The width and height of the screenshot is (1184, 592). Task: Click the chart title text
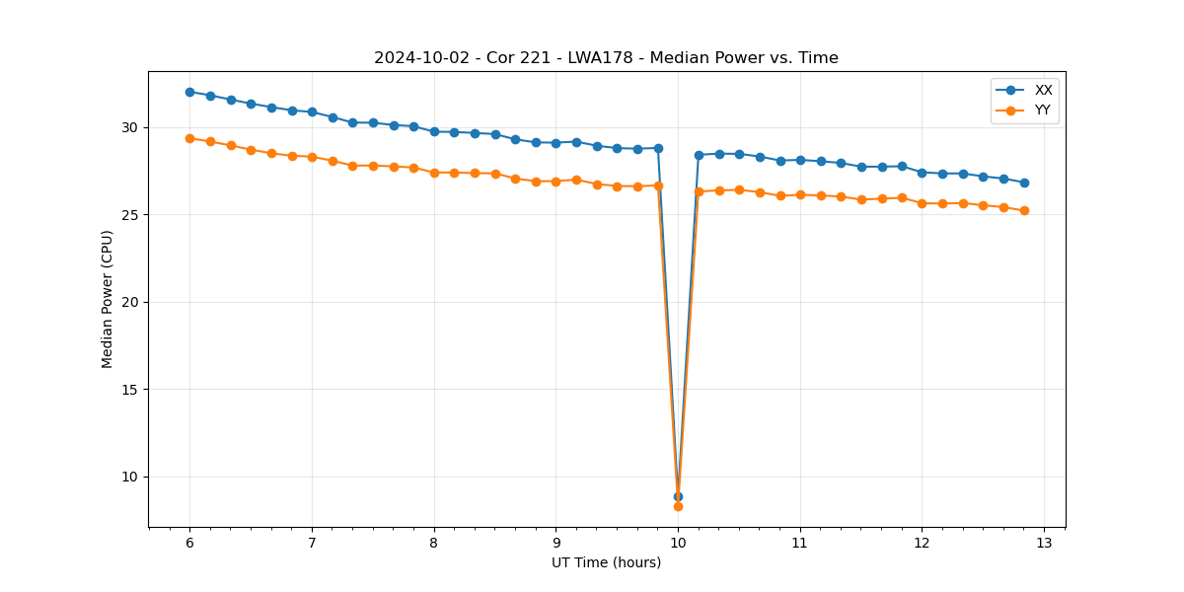click(x=606, y=58)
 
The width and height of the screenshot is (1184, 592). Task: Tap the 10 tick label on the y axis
click(x=131, y=477)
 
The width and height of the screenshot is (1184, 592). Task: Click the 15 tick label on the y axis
click(x=131, y=390)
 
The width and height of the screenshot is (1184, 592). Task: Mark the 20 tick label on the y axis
click(x=131, y=302)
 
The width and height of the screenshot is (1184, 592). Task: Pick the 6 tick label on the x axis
click(x=189, y=543)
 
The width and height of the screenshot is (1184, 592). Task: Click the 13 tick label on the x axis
click(x=1044, y=543)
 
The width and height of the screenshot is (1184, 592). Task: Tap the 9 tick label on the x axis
click(x=555, y=543)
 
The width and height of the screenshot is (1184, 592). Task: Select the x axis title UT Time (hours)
click(x=606, y=562)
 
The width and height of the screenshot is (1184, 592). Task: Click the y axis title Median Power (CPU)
click(x=108, y=299)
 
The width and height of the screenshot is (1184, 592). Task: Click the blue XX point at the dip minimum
click(x=678, y=496)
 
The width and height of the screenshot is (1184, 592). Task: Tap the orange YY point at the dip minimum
click(x=678, y=506)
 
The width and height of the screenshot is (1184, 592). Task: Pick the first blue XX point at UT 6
click(x=189, y=92)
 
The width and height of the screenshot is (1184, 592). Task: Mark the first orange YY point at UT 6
click(x=189, y=138)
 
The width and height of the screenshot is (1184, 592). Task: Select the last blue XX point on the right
click(x=1024, y=183)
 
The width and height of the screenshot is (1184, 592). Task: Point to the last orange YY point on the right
click(x=1024, y=210)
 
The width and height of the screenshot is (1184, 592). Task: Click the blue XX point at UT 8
click(x=434, y=131)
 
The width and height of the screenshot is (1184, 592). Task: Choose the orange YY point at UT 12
click(x=922, y=203)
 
